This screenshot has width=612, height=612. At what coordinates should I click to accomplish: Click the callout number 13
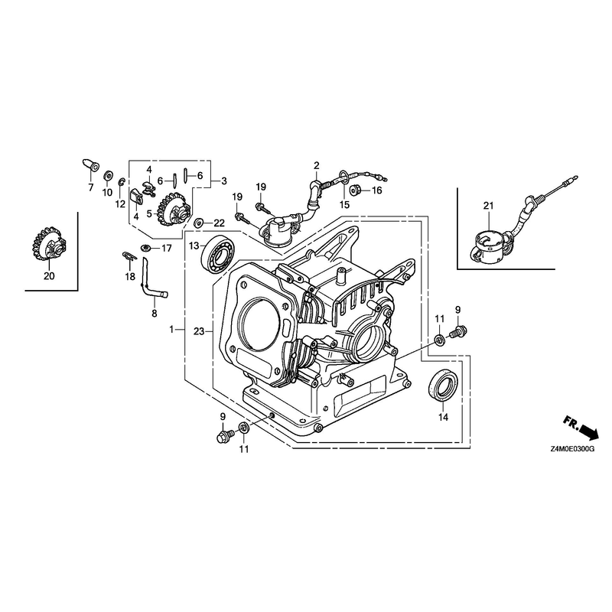pyautogui.click(x=194, y=246)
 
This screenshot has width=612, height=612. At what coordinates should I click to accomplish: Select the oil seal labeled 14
pyautogui.click(x=443, y=385)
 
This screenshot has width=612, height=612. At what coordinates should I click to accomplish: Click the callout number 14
pyautogui.click(x=443, y=417)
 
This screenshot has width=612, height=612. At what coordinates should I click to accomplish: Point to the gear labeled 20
pyautogui.click(x=48, y=245)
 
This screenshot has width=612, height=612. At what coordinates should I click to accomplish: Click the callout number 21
pyautogui.click(x=489, y=206)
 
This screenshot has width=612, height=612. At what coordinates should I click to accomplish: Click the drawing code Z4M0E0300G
pyautogui.click(x=572, y=450)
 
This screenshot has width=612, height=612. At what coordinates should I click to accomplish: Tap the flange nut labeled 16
pyautogui.click(x=355, y=190)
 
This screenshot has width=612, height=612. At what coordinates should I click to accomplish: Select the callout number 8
pyautogui.click(x=155, y=313)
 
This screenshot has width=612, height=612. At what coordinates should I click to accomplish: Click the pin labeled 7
pyautogui.click(x=91, y=165)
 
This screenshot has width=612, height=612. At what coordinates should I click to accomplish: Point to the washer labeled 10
pyautogui.click(x=107, y=176)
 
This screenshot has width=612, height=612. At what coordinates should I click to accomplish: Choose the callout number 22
pyautogui.click(x=219, y=223)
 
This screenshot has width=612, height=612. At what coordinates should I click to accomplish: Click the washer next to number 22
pyautogui.click(x=199, y=223)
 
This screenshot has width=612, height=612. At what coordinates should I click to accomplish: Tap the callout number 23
pyautogui.click(x=199, y=331)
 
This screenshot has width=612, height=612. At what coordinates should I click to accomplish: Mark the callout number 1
pyautogui.click(x=171, y=330)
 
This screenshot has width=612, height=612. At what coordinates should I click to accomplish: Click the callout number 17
pyautogui.click(x=167, y=248)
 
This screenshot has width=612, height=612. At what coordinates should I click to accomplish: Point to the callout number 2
pyautogui.click(x=316, y=165)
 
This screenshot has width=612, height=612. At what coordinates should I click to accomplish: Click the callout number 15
pyautogui.click(x=344, y=205)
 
